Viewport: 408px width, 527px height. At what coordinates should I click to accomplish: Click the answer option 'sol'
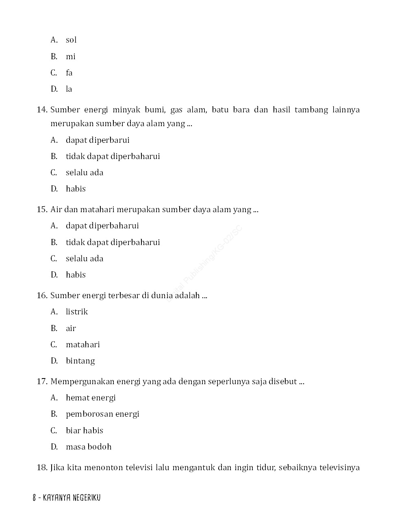click(x=71, y=40)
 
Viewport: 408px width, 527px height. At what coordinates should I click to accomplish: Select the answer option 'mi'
click(x=71, y=56)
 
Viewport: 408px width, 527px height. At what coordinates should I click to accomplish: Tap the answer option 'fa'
click(x=69, y=73)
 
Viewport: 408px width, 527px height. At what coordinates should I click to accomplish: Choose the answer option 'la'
click(x=69, y=89)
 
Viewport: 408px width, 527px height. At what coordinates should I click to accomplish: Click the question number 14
click(x=42, y=110)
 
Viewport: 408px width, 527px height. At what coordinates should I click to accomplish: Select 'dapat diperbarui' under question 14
click(x=98, y=140)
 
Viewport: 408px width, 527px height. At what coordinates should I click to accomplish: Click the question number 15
click(x=42, y=209)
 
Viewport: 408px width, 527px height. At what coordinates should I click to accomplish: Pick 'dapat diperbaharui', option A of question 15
click(x=102, y=226)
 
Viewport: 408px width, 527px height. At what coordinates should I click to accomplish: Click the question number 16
click(x=42, y=295)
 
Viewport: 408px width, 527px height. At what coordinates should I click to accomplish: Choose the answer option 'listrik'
click(x=77, y=312)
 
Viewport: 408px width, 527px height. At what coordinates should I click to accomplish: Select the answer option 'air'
click(x=71, y=328)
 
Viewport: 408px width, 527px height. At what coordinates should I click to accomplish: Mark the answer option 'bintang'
click(x=80, y=361)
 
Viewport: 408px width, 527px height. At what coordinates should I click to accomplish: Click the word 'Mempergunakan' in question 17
click(x=82, y=381)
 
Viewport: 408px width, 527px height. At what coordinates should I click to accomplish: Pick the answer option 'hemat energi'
click(x=91, y=398)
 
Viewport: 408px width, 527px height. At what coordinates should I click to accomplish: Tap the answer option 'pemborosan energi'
click(x=102, y=414)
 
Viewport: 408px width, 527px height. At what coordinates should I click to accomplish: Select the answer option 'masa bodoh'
click(x=89, y=447)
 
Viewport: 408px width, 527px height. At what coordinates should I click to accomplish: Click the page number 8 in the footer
click(x=35, y=498)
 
